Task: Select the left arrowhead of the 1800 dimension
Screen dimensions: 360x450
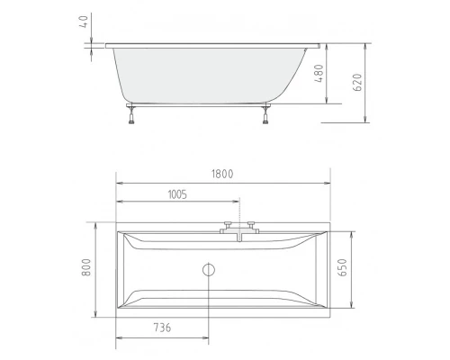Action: pos(120,183)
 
